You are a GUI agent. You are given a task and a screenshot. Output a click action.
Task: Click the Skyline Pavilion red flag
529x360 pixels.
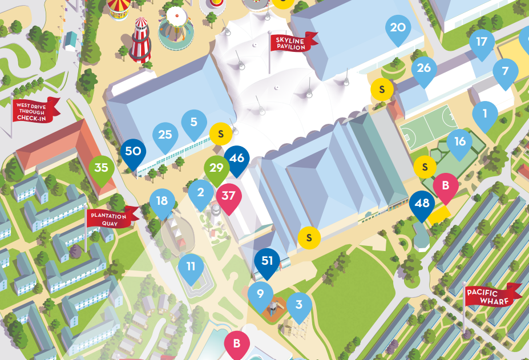(x=293, y=42)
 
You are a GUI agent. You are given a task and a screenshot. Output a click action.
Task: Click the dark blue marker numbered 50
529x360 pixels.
(x=133, y=152)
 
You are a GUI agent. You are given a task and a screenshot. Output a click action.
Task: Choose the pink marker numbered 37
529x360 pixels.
(x=228, y=196)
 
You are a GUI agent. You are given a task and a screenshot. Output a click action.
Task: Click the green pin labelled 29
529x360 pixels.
(x=216, y=169)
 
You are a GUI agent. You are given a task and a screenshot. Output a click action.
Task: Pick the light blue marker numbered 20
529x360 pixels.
(x=398, y=29)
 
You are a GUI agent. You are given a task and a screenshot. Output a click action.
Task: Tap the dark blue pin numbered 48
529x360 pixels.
(x=422, y=204)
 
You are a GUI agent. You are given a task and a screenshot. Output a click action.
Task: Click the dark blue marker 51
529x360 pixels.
(x=267, y=262)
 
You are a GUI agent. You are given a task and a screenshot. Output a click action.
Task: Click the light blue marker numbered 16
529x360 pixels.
(x=460, y=142)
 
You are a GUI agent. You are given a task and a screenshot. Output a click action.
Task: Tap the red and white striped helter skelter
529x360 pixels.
(x=140, y=39)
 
